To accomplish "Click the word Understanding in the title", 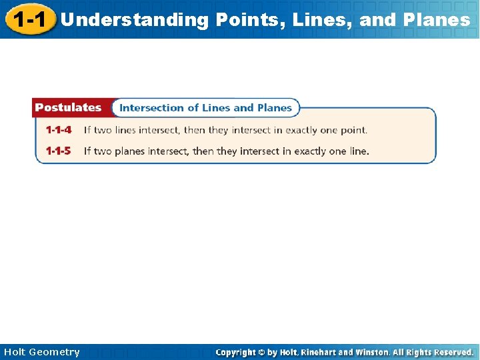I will [134, 20].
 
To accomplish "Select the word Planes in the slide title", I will [437, 20].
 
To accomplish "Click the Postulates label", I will [68, 107].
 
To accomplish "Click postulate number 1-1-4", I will [59, 130].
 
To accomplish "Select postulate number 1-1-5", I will [59, 151].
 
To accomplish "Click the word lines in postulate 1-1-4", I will [125, 130].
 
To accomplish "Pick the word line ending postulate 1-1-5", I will [359, 151].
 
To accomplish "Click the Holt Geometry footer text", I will [41, 352].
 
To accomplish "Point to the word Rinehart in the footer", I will [323, 352].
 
